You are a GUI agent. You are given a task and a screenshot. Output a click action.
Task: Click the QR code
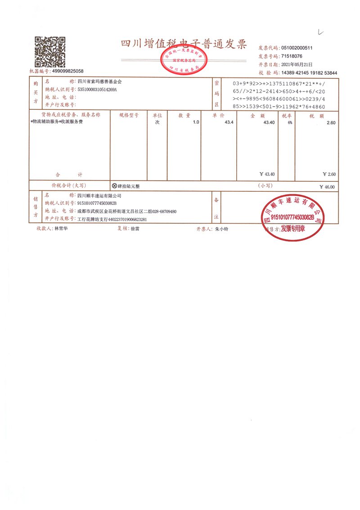[50, 52]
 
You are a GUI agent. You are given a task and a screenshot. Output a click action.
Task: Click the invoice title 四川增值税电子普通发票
[184, 44]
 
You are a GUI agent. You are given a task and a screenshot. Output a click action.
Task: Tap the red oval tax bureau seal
[184, 62]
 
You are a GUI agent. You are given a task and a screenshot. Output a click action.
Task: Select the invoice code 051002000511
[297, 48]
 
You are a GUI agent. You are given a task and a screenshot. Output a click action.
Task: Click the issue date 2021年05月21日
[296, 64]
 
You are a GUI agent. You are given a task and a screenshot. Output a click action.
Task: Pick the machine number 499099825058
[67, 71]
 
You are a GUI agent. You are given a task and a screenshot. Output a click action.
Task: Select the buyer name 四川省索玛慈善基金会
[99, 82]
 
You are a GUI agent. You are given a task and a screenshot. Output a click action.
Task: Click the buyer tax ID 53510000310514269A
[97, 90]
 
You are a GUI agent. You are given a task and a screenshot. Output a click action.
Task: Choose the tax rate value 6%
[290, 122]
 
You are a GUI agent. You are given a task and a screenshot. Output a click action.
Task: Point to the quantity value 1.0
[196, 122]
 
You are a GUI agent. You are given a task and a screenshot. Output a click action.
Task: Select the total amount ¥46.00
[327, 187]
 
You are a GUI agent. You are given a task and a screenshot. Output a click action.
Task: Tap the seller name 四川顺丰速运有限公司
[99, 196]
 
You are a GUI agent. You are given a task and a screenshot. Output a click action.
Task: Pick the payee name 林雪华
[61, 229]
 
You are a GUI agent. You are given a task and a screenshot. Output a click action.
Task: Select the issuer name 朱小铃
[221, 229]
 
